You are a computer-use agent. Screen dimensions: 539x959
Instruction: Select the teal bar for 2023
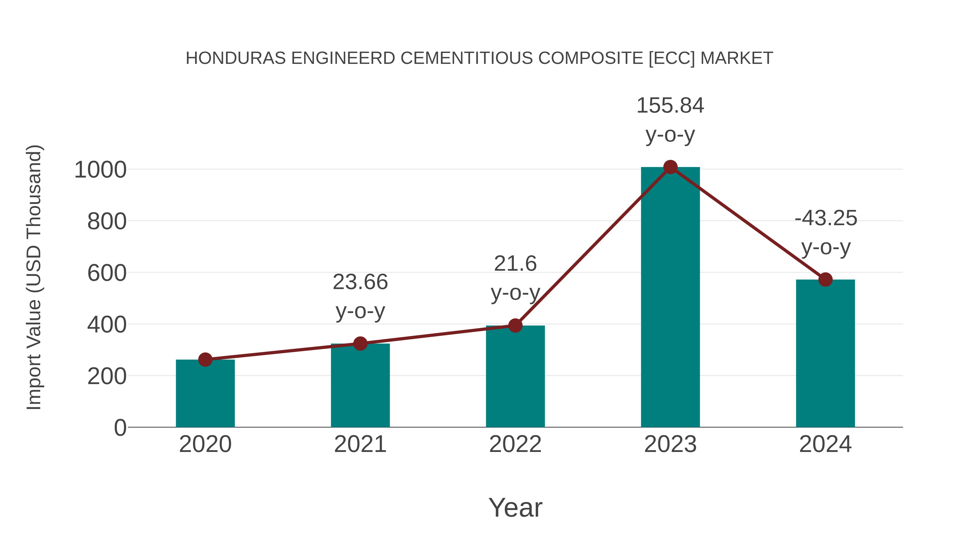[670, 298]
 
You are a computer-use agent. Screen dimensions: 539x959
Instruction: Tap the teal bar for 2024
[825, 353]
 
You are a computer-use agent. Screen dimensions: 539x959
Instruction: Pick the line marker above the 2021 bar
[360, 344]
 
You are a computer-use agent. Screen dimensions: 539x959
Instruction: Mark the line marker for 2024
[825, 279]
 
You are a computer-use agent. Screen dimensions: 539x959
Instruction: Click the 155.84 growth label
[670, 106]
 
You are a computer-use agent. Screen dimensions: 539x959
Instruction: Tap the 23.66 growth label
[360, 282]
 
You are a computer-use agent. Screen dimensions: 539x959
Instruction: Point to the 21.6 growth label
[515, 264]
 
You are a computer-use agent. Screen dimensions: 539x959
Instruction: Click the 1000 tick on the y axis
[100, 170]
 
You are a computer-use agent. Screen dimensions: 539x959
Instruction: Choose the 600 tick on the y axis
[107, 273]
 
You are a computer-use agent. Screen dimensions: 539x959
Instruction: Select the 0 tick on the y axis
[120, 428]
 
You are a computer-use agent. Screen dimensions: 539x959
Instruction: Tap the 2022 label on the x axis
[515, 444]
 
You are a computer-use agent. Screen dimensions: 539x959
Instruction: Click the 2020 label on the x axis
[205, 444]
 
